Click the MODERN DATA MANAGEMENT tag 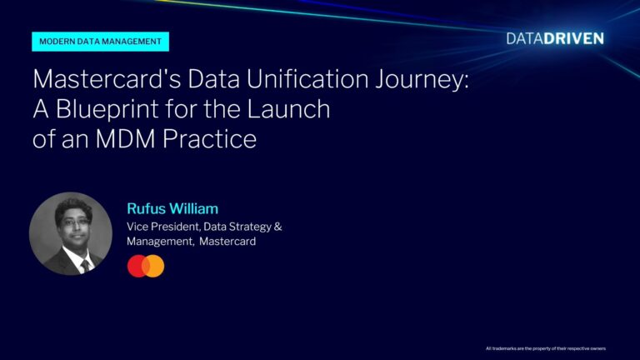[x=101, y=42]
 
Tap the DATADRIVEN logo [x=555, y=38]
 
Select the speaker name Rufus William [x=172, y=208]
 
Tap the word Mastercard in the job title [x=227, y=242]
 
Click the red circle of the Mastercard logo [x=137, y=266]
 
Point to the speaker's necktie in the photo [x=84, y=265]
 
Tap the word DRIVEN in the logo [x=577, y=38]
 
